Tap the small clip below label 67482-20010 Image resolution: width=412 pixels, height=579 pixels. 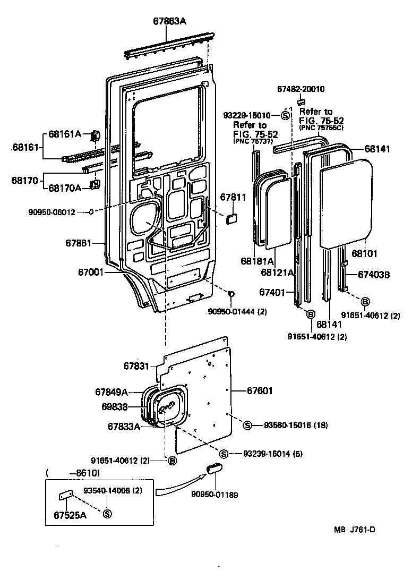pos(301,101)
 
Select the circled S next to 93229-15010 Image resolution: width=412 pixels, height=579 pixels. pos(285,115)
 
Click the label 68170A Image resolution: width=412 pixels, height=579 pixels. pos(65,188)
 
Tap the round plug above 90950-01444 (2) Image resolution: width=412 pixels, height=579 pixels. pos(231,294)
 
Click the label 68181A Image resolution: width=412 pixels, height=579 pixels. pos(256,261)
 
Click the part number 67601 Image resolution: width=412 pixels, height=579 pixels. pos(260,391)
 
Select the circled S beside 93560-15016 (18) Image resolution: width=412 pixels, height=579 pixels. pos(247,425)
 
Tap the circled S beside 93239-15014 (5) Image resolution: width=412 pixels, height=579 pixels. pos(224,454)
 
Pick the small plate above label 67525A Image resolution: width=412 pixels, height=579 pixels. pos(65,495)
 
